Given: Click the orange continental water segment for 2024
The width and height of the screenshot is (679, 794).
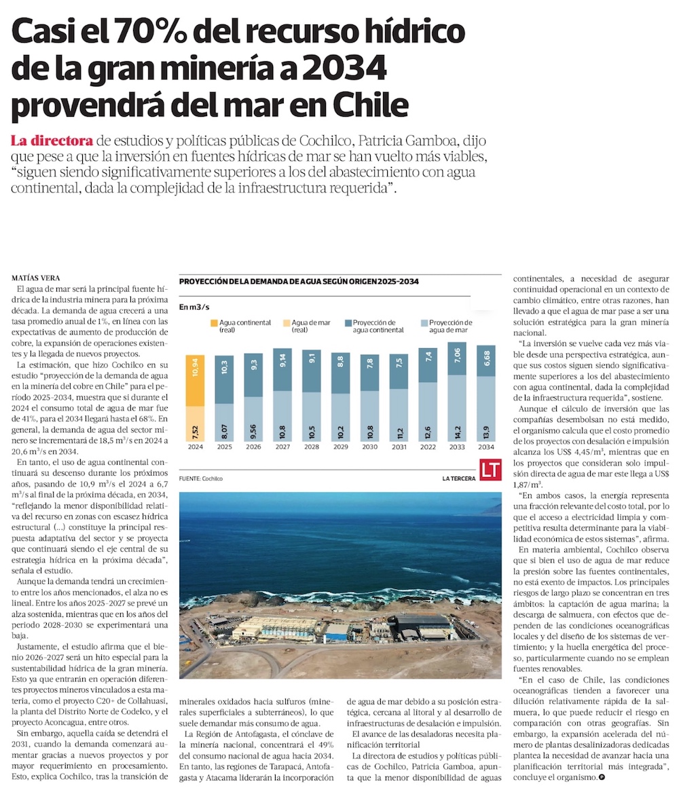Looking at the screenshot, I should pyautogui.click(x=195, y=380).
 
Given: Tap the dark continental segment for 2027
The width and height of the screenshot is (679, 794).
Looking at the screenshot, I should pyautogui.click(x=282, y=371).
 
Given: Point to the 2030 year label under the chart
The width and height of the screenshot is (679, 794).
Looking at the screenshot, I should pyautogui.click(x=370, y=447).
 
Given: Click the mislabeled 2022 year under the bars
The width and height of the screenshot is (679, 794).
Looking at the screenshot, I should pyautogui.click(x=428, y=447).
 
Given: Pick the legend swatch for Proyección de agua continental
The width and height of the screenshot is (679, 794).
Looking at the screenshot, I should pyautogui.click(x=348, y=324).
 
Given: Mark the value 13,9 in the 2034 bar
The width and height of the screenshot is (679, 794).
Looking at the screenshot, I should pyautogui.click(x=487, y=428).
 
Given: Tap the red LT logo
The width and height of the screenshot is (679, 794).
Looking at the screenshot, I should pyautogui.click(x=490, y=470).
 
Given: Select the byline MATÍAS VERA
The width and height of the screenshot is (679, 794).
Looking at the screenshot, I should pyautogui.click(x=36, y=279).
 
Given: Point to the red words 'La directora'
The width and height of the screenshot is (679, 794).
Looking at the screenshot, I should pyautogui.click(x=52, y=141).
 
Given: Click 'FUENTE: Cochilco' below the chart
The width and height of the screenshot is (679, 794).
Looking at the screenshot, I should pyautogui.click(x=201, y=478).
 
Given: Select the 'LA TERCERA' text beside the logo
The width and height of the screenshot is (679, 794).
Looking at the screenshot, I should pyautogui.click(x=458, y=478).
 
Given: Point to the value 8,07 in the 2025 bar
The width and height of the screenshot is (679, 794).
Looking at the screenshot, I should pyautogui.click(x=224, y=430).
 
